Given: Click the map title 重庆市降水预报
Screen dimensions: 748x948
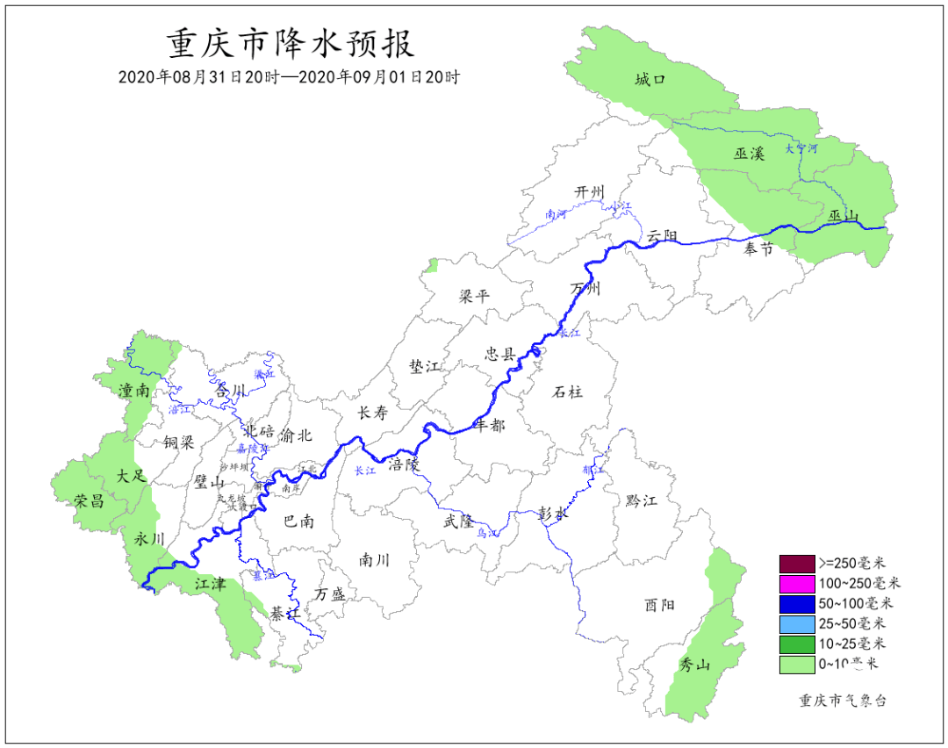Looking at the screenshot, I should click(x=290, y=42).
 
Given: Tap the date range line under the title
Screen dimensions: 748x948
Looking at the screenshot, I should click(x=290, y=76).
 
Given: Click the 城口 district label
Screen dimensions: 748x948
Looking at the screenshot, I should click(x=650, y=80).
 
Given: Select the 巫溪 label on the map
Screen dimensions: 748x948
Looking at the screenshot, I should click(x=750, y=153).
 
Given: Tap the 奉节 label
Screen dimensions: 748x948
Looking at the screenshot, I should click(x=758, y=249).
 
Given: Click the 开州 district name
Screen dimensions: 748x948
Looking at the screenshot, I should click(x=590, y=192).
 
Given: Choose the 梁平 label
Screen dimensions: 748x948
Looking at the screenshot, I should click(x=474, y=296).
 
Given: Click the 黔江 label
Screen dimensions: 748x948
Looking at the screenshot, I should click(x=642, y=500).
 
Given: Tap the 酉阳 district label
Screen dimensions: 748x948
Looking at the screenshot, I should click(x=659, y=604).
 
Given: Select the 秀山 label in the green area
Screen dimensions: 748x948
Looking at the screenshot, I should click(x=694, y=665).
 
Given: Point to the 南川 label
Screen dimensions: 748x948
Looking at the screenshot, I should click(x=374, y=559).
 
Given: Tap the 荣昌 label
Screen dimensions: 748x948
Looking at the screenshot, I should click(x=90, y=500).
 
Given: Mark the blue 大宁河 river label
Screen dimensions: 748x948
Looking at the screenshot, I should click(x=801, y=148).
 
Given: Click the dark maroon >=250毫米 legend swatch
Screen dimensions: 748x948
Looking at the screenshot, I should click(x=797, y=563).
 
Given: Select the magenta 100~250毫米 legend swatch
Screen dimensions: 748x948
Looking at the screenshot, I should click(x=797, y=583).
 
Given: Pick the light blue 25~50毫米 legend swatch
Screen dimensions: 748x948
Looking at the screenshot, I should click(x=797, y=624).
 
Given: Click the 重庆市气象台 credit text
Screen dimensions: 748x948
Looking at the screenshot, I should click(x=843, y=701).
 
